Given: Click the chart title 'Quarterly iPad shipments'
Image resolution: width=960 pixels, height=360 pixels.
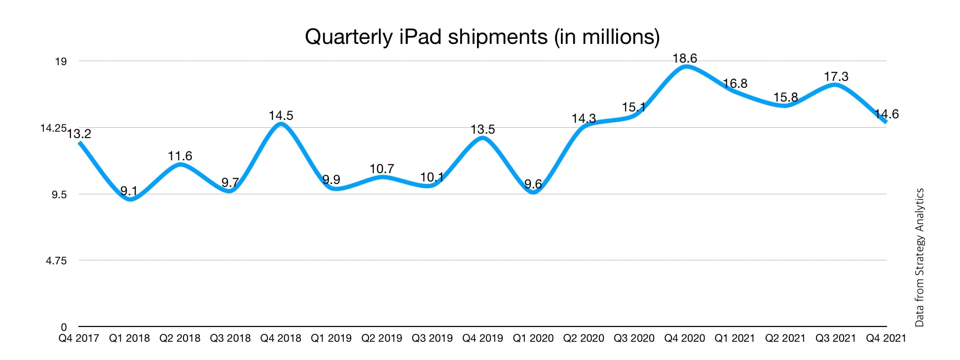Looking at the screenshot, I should [482, 37].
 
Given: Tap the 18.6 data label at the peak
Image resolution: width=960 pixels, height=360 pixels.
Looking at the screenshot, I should [685, 59].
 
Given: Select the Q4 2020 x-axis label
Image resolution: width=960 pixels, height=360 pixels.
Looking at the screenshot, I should [685, 338].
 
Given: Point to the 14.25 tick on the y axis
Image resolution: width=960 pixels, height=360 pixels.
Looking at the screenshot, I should [53, 128].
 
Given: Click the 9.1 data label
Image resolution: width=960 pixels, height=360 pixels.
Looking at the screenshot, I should [129, 191].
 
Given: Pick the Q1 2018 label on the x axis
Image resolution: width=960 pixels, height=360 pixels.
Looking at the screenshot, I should [129, 338].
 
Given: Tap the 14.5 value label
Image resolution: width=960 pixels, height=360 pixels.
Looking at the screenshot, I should [281, 115].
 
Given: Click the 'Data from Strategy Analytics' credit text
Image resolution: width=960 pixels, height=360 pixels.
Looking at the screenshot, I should [919, 257].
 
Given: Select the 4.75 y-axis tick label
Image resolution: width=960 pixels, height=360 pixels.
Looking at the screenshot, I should [56, 261].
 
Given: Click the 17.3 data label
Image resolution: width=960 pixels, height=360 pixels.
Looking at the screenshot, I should [836, 76].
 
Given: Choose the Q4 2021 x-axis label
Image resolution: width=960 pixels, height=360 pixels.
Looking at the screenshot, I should [886, 338].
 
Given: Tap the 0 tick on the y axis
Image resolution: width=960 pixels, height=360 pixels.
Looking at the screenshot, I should [64, 327].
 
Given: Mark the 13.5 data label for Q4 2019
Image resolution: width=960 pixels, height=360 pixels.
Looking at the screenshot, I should [482, 129].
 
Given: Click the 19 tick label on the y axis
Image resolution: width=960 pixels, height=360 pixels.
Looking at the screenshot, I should [61, 62].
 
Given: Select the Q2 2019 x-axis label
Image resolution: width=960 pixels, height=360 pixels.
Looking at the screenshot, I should [382, 338].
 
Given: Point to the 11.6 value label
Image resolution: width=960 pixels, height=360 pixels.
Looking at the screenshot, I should [180, 156].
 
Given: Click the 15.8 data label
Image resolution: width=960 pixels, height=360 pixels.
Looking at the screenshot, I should [785, 98].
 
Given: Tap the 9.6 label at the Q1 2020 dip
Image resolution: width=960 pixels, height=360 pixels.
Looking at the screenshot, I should [533, 184].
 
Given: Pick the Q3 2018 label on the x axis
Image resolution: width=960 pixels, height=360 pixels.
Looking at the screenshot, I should [230, 338].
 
